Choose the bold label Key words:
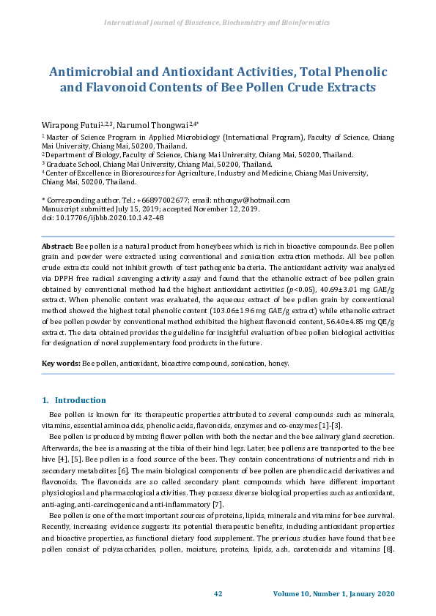click(x=61, y=363)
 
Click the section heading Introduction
click(x=81, y=400)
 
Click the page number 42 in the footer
click(x=218, y=592)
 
